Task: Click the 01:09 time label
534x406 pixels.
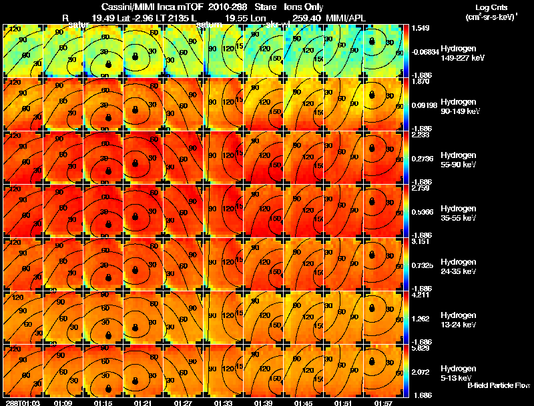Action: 63,403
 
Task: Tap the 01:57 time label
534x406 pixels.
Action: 384,403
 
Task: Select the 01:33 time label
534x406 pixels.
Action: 224,403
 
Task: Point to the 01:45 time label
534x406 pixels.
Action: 304,403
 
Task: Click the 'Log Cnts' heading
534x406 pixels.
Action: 489,5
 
